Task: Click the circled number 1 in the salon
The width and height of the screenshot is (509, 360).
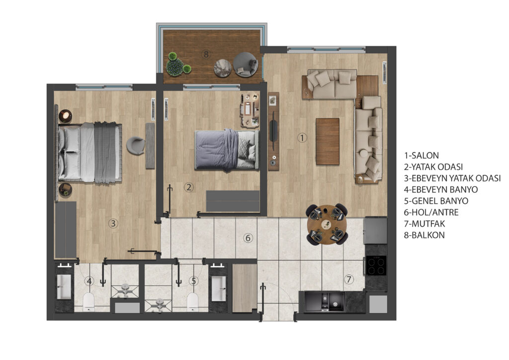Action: pyautogui.click(x=302, y=138)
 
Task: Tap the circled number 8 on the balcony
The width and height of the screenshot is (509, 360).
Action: pyautogui.click(x=205, y=54)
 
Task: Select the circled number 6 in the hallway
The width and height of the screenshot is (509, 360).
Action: pyautogui.click(x=248, y=238)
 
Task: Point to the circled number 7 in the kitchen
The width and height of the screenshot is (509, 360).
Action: pyautogui.click(x=348, y=279)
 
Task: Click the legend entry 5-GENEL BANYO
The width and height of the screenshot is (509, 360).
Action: pyautogui.click(x=436, y=201)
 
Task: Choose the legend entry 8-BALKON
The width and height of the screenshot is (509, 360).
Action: pyautogui.click(x=424, y=235)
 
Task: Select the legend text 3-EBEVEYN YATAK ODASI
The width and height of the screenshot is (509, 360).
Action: pyautogui.click(x=452, y=178)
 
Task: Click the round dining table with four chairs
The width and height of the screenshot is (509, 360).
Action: pyautogui.click(x=327, y=224)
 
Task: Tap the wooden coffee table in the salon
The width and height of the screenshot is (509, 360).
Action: pyautogui.click(x=328, y=142)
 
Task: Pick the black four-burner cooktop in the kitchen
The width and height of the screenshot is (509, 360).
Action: pyautogui.click(x=376, y=266)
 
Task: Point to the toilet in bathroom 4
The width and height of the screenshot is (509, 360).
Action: pyautogui.click(x=88, y=302)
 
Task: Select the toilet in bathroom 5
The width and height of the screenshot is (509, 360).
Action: pyautogui.click(x=192, y=302)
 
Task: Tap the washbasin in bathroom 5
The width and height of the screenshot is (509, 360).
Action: pyautogui.click(x=219, y=288)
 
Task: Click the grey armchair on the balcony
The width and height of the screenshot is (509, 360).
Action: pyautogui.click(x=246, y=64)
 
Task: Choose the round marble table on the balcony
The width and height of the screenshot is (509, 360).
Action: pyautogui.click(x=223, y=68)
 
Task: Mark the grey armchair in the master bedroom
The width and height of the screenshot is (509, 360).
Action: pyautogui.click(x=136, y=146)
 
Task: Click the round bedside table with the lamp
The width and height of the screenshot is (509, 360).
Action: pyautogui.click(x=65, y=116)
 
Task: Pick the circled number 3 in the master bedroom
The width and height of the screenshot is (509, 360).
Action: pyautogui.click(x=113, y=223)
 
